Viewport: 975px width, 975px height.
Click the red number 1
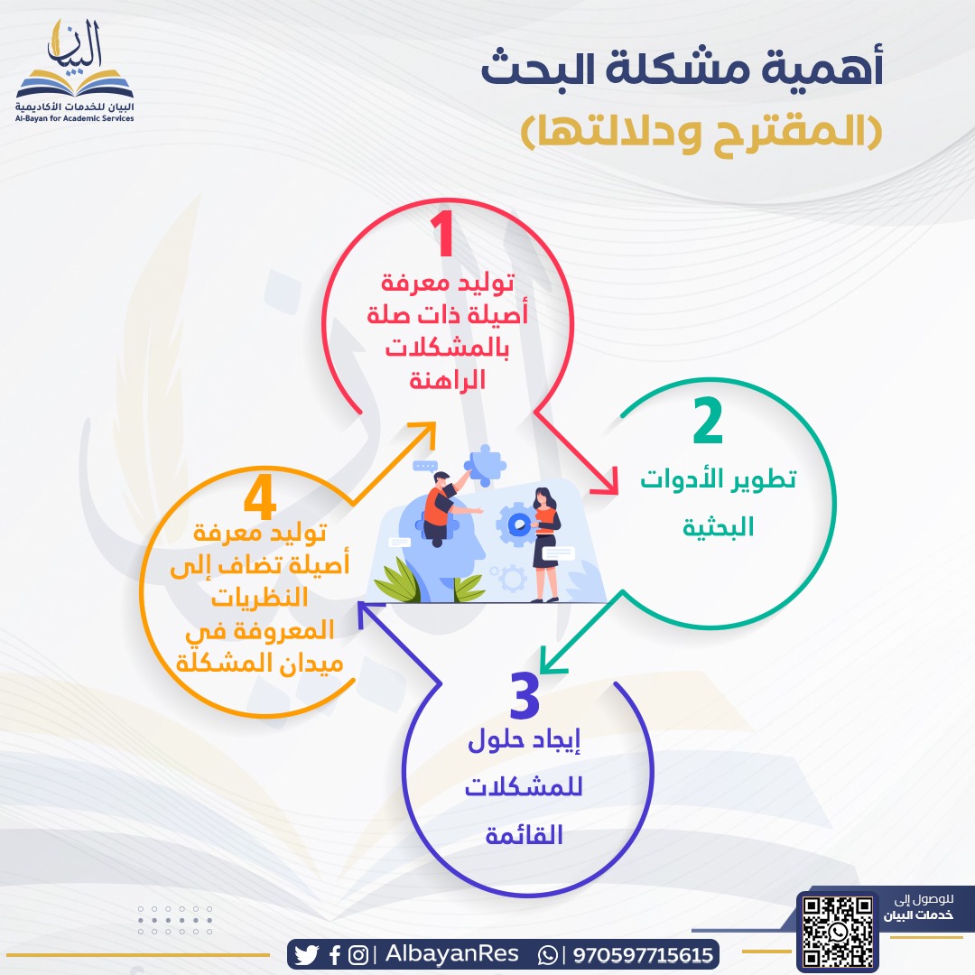[441, 237]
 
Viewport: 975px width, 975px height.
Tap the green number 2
[709, 422]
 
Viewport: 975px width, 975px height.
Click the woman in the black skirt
[543, 542]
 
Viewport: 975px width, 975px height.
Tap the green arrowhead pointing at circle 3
[550, 663]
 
